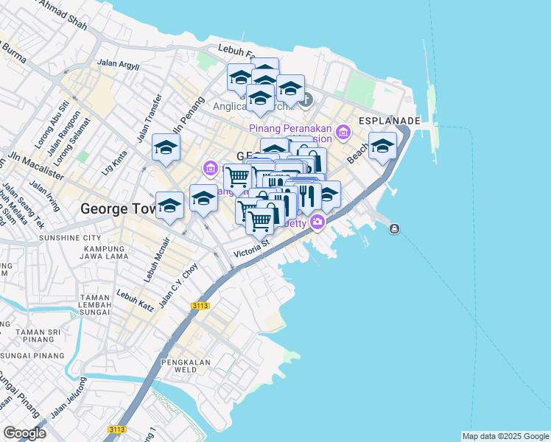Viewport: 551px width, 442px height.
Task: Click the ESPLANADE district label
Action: click(389, 120)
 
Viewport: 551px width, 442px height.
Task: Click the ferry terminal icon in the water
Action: click(394, 228)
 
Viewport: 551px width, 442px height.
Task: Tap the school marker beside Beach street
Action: click(382, 145)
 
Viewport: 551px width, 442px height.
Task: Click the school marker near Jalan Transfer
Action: click(166, 147)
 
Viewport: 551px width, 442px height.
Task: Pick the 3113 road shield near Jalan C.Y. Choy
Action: click(198, 305)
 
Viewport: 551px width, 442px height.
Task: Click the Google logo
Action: click(25, 433)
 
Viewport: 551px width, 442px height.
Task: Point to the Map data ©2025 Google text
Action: click(505, 436)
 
